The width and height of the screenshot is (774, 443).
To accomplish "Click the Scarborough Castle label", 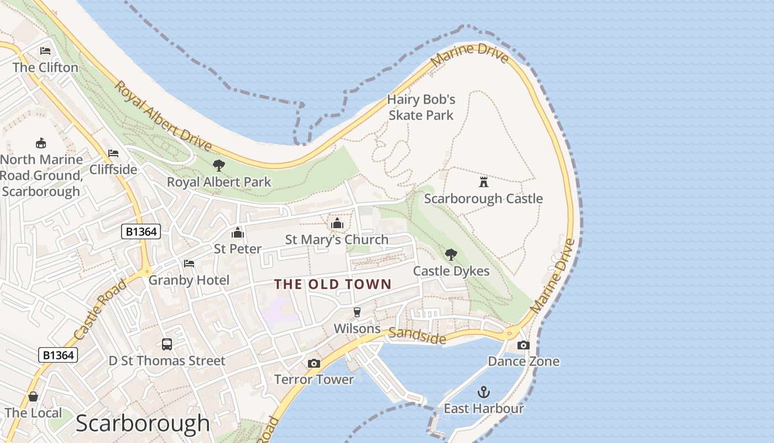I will click(x=483, y=198).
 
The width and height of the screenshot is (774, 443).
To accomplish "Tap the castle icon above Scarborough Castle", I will click(x=484, y=182).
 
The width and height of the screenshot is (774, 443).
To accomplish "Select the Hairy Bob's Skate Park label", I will click(x=421, y=107).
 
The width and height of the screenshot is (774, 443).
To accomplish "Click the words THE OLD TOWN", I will click(x=333, y=285).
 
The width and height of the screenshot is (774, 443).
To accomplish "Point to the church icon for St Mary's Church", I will click(x=337, y=223).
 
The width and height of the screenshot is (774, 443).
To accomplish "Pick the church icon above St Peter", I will click(x=238, y=233).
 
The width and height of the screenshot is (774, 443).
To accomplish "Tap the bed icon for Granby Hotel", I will click(x=189, y=264).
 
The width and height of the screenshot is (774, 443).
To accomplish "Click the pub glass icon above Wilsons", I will click(x=357, y=312).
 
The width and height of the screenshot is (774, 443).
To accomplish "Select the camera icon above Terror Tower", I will click(x=314, y=363).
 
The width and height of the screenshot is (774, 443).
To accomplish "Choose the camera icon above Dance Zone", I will click(x=523, y=345).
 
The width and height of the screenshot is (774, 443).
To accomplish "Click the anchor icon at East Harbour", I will click(x=484, y=392).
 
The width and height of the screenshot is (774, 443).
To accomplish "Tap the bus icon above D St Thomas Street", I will click(x=167, y=344).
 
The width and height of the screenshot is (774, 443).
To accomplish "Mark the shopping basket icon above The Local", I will click(x=33, y=396).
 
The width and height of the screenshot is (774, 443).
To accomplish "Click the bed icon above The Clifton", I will click(x=45, y=51).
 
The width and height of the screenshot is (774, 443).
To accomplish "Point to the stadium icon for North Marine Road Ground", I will click(x=40, y=143).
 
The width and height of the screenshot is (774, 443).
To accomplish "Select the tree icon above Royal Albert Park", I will click(x=219, y=165).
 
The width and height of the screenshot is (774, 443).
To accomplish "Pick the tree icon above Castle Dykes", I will click(x=451, y=255).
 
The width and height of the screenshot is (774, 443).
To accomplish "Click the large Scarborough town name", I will click(x=143, y=424).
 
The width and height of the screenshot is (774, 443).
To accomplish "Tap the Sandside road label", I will click(x=417, y=336).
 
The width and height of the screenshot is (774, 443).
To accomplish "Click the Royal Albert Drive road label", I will click(x=163, y=116).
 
